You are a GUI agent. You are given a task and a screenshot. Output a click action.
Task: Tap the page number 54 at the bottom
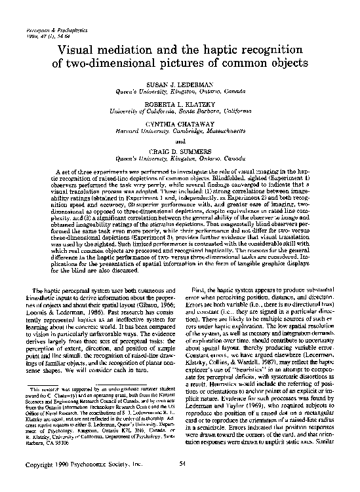point(180,483)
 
